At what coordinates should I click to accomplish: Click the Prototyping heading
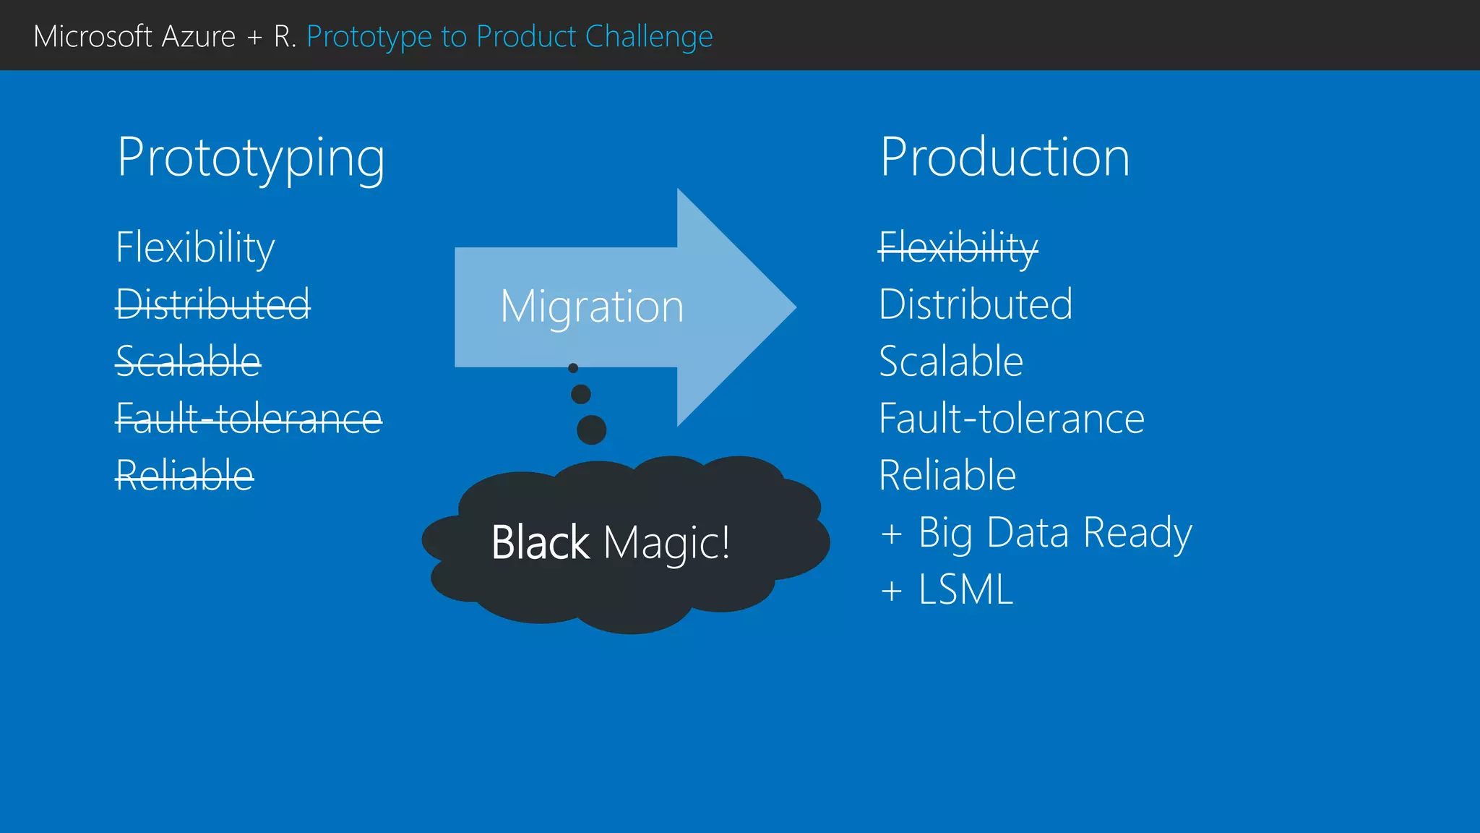pyautogui.click(x=251, y=158)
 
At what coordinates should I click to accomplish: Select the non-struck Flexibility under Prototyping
pyautogui.click(x=195, y=247)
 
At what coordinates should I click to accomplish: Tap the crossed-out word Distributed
pyautogui.click(x=213, y=304)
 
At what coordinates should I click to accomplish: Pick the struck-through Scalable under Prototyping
pyautogui.click(x=188, y=361)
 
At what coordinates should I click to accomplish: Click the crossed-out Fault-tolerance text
pyautogui.click(x=249, y=418)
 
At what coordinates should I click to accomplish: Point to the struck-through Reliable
pyautogui.click(x=184, y=475)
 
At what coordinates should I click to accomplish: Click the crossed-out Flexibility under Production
pyautogui.click(x=958, y=247)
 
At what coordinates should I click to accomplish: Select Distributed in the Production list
pyautogui.click(x=976, y=304)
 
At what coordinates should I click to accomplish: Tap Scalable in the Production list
pyautogui.click(x=951, y=361)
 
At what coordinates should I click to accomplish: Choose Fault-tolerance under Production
pyautogui.click(x=1012, y=418)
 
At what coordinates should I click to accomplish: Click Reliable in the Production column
pyautogui.click(x=947, y=475)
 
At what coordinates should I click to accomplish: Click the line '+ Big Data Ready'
pyautogui.click(x=1036, y=533)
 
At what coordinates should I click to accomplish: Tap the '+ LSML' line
pyautogui.click(x=947, y=589)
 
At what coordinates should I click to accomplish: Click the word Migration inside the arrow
pyautogui.click(x=592, y=307)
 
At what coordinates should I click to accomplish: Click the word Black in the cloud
pyautogui.click(x=540, y=542)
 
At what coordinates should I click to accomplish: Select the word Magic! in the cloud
pyautogui.click(x=666, y=542)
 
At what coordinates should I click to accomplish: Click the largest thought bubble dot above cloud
pyautogui.click(x=591, y=430)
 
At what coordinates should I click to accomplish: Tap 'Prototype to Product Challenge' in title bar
pyautogui.click(x=509, y=36)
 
